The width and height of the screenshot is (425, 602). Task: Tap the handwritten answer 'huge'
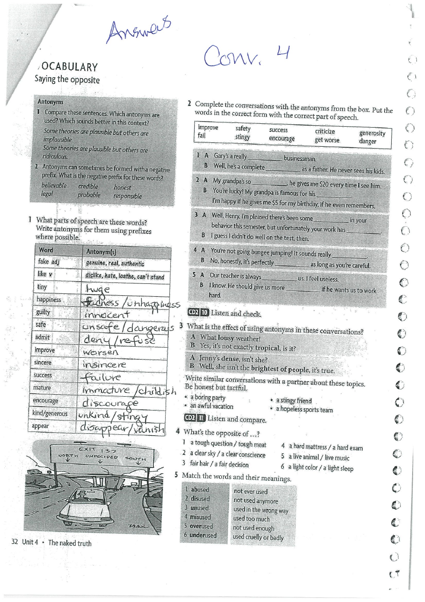point(98,289)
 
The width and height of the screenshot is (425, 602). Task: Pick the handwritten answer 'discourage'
point(110,402)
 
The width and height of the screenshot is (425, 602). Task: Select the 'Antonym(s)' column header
point(102,251)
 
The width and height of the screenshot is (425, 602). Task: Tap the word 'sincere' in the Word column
point(43,362)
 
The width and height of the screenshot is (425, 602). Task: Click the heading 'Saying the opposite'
point(67,80)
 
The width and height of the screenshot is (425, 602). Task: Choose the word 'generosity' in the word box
point(372,133)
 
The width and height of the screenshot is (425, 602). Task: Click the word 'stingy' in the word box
point(242,137)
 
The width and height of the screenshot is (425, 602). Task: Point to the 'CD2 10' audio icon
point(198,313)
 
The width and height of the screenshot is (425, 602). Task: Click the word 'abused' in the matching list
point(199,489)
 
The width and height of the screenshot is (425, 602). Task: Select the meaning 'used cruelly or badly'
point(258,537)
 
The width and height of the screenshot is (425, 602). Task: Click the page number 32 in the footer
point(14,542)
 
